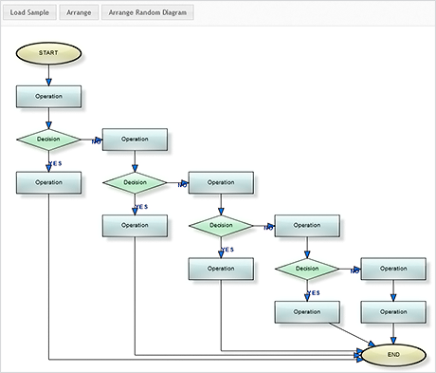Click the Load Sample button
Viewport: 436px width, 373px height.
(x=30, y=14)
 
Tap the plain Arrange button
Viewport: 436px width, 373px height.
(x=79, y=14)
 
